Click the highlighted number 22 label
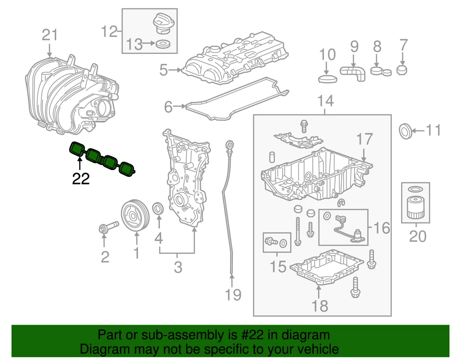click(81, 178)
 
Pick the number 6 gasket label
click(168, 107)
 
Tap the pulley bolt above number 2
click(105, 227)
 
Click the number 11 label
click(433, 131)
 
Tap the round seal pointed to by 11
click(405, 131)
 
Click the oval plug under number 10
click(328, 79)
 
